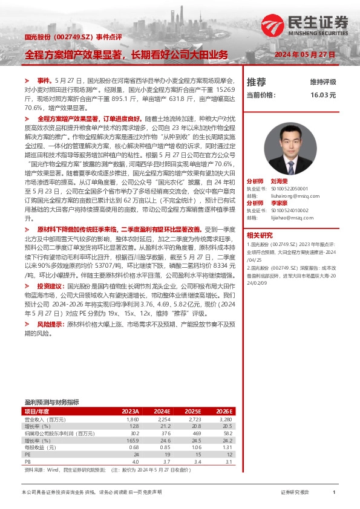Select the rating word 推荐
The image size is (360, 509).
click(257, 82)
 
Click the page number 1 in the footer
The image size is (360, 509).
click(334, 493)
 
